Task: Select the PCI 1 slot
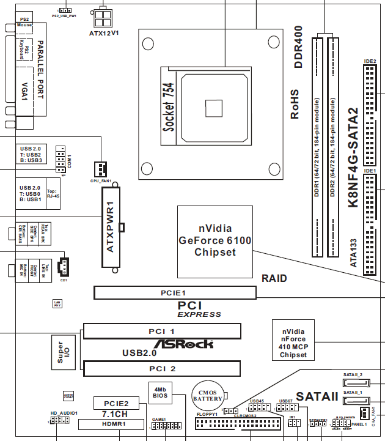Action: (x=162, y=332)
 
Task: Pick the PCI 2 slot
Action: (x=162, y=369)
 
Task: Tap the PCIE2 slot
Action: (x=115, y=403)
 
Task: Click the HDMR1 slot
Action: (x=114, y=423)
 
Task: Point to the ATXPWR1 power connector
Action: (x=112, y=228)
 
